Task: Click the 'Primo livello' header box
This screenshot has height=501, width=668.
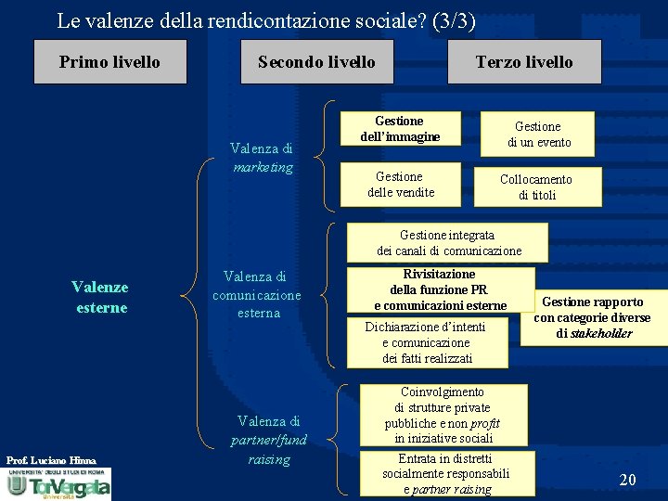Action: click(x=109, y=62)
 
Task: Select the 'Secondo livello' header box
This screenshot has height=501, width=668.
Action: click(x=316, y=62)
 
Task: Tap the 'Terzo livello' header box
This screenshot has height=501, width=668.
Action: click(x=524, y=62)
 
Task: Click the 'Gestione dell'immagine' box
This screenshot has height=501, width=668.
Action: click(x=400, y=129)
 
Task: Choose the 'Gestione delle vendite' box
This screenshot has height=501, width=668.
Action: click(x=400, y=184)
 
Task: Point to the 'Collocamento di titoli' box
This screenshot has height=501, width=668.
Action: click(x=537, y=186)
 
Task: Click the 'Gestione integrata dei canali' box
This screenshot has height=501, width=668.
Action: click(x=448, y=243)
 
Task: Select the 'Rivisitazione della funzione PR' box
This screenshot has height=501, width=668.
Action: click(x=441, y=289)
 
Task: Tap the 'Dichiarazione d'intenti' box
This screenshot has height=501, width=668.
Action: click(x=426, y=342)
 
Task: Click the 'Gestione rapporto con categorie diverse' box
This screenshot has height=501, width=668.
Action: click(x=593, y=317)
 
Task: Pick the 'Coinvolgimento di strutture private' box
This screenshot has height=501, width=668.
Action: click(x=444, y=415)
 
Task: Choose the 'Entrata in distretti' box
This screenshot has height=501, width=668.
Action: click(x=446, y=473)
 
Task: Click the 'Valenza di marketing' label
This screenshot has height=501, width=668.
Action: click(x=262, y=158)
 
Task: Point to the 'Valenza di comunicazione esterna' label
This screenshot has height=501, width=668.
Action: click(x=256, y=294)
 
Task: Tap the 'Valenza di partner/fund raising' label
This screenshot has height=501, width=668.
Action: click(x=268, y=440)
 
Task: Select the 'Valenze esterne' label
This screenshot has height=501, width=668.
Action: click(x=100, y=297)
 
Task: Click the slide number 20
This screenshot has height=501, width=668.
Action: click(x=627, y=480)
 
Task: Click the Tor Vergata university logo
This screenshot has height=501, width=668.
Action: click(x=58, y=484)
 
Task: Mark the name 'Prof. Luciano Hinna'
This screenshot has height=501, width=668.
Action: click(x=51, y=460)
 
